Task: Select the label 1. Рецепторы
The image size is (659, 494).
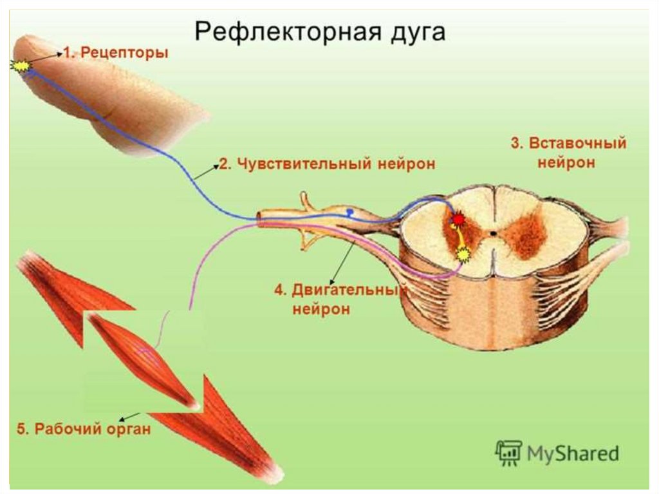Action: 116,53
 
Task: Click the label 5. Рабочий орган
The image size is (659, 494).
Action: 84,429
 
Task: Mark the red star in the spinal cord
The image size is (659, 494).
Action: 458,220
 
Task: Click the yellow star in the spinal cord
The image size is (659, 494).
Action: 462,255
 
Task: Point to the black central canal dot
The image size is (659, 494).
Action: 493,234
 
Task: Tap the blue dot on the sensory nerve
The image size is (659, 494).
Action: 349,211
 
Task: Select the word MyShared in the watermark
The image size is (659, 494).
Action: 573,453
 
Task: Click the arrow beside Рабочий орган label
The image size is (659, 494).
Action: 131,415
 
